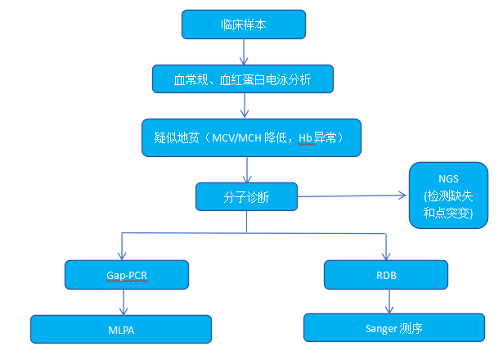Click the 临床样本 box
point(244,25)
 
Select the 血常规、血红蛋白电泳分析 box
point(243,79)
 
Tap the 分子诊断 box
point(246,196)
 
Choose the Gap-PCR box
point(127,275)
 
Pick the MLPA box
point(121,329)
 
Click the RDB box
point(386,275)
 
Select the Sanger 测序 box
point(394,327)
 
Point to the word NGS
point(448,178)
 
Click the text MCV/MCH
point(236,138)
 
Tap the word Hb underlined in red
point(305,138)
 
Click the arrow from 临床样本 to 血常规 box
point(244,52)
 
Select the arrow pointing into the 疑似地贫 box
point(245,106)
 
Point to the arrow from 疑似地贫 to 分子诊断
point(247,169)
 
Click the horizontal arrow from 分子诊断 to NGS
point(352,196)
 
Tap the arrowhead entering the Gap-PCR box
point(122,255)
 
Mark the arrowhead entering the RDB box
point(386,256)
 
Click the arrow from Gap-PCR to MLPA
point(124,302)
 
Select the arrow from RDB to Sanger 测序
point(389,301)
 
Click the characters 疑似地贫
point(177,138)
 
